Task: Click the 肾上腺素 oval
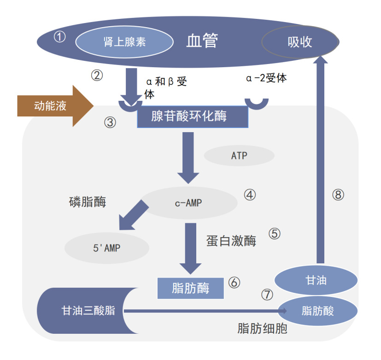[124, 42]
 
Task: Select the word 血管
[202, 41]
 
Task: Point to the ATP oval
[239, 156]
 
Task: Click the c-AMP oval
[188, 203]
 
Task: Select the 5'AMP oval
[106, 248]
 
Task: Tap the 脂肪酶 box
[191, 288]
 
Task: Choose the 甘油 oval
[316, 279]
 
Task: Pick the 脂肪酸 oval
[317, 311]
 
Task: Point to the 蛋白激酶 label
[231, 241]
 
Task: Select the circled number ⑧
[338, 195]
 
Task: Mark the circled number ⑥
[234, 282]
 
